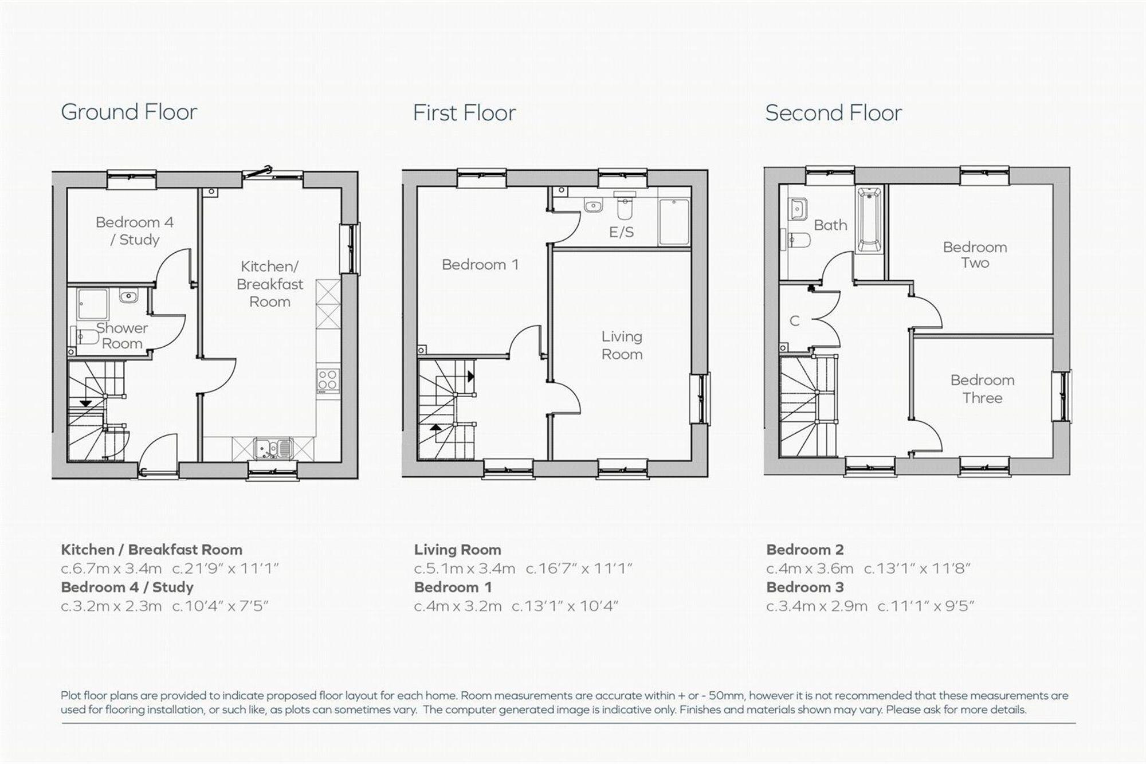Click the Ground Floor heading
click(129, 112)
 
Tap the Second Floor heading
click(833, 113)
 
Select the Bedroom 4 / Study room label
click(135, 230)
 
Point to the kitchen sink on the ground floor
click(273, 448)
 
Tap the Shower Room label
click(121, 336)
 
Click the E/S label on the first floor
click(621, 232)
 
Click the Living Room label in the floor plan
click(622, 345)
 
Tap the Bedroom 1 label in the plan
click(480, 264)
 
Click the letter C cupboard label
click(794, 321)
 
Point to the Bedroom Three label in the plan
click(982, 389)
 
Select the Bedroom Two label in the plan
click(975, 255)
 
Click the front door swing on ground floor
click(158, 453)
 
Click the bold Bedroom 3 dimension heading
click(805, 587)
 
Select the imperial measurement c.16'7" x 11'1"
click(579, 569)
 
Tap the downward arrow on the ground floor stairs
click(85, 403)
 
